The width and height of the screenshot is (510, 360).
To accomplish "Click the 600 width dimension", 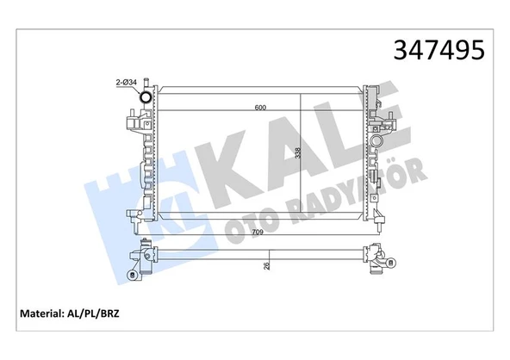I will [258, 108].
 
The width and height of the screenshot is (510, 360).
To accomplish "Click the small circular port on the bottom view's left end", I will [132, 276].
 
